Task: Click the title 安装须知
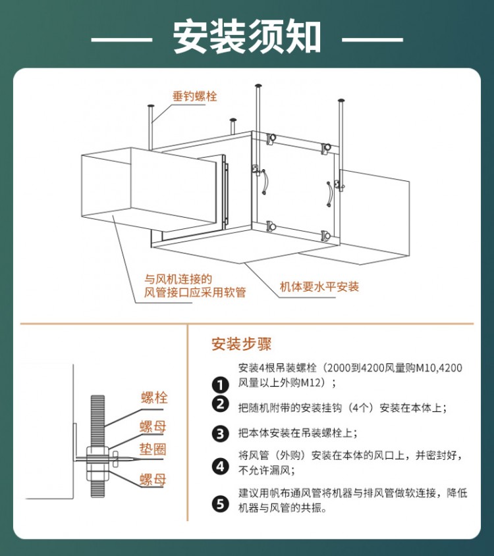[x=248, y=38]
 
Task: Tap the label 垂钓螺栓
[x=194, y=97]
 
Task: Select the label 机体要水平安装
[x=319, y=286]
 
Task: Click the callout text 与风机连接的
[x=178, y=279]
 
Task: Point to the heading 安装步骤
[x=242, y=344]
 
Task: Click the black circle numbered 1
[x=221, y=385]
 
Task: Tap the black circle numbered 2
[x=221, y=404]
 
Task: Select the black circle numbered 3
[x=221, y=434]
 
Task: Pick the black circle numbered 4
[x=221, y=466]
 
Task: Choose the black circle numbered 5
[x=221, y=503]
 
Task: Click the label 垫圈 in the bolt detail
[x=153, y=449]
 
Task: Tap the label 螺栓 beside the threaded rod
[x=154, y=397]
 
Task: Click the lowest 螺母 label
[x=153, y=480]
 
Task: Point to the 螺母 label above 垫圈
[x=153, y=426]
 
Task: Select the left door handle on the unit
[x=265, y=182]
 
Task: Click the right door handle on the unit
[x=330, y=194]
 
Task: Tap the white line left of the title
[x=122, y=39]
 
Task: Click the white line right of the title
[x=372, y=39]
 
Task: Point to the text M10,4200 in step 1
[x=439, y=368]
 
